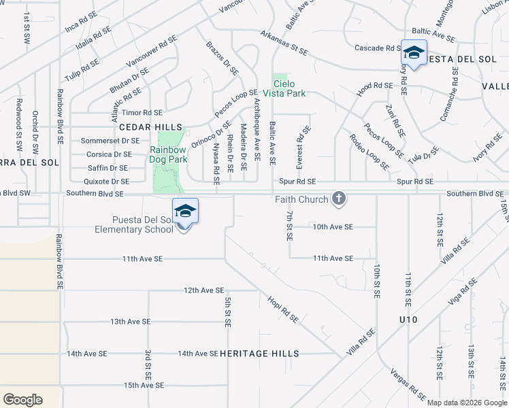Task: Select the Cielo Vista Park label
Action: click(290, 88)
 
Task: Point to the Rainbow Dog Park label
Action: click(168, 154)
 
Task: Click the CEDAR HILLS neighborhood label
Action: click(144, 127)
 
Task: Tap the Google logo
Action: click(22, 400)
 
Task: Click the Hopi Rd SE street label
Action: click(283, 308)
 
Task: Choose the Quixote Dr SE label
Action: click(106, 182)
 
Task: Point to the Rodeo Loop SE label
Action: click(369, 152)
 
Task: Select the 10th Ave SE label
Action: click(333, 226)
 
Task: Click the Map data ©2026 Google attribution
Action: click(467, 403)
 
